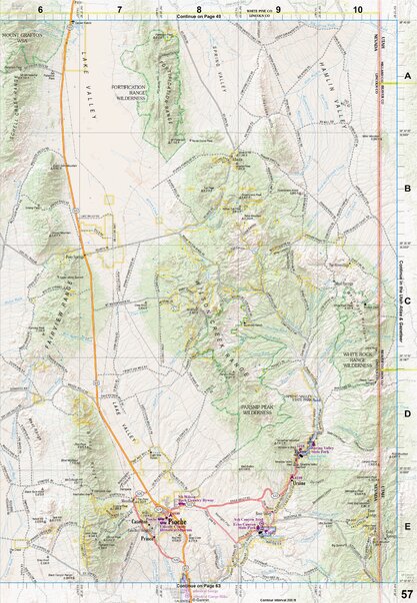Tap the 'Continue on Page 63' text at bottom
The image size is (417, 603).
tap(200, 585)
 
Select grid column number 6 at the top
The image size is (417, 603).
tap(39, 8)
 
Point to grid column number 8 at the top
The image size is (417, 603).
tap(199, 8)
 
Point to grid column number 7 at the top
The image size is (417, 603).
tap(119, 8)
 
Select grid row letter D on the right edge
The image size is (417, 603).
tap(406, 413)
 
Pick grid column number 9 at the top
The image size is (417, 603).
tap(278, 8)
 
